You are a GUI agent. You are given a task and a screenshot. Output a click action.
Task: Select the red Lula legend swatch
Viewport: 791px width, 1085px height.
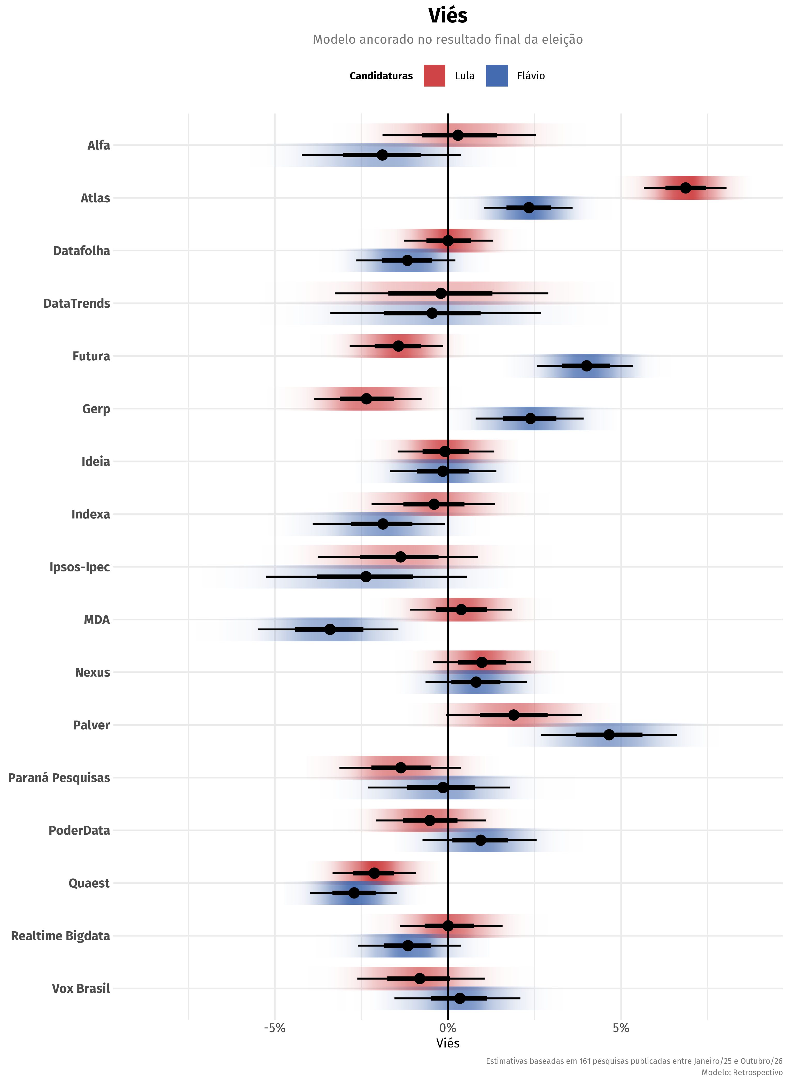(434, 76)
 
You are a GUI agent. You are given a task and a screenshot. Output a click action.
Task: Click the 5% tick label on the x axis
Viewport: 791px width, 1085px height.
(621, 1028)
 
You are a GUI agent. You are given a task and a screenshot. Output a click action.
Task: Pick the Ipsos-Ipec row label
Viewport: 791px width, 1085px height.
(80, 567)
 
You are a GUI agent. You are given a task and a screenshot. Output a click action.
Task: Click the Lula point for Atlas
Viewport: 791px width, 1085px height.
(686, 188)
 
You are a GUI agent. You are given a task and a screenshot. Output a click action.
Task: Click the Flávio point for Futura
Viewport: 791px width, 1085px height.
(587, 366)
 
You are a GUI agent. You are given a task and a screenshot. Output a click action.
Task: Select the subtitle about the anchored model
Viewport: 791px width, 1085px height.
(448, 39)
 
